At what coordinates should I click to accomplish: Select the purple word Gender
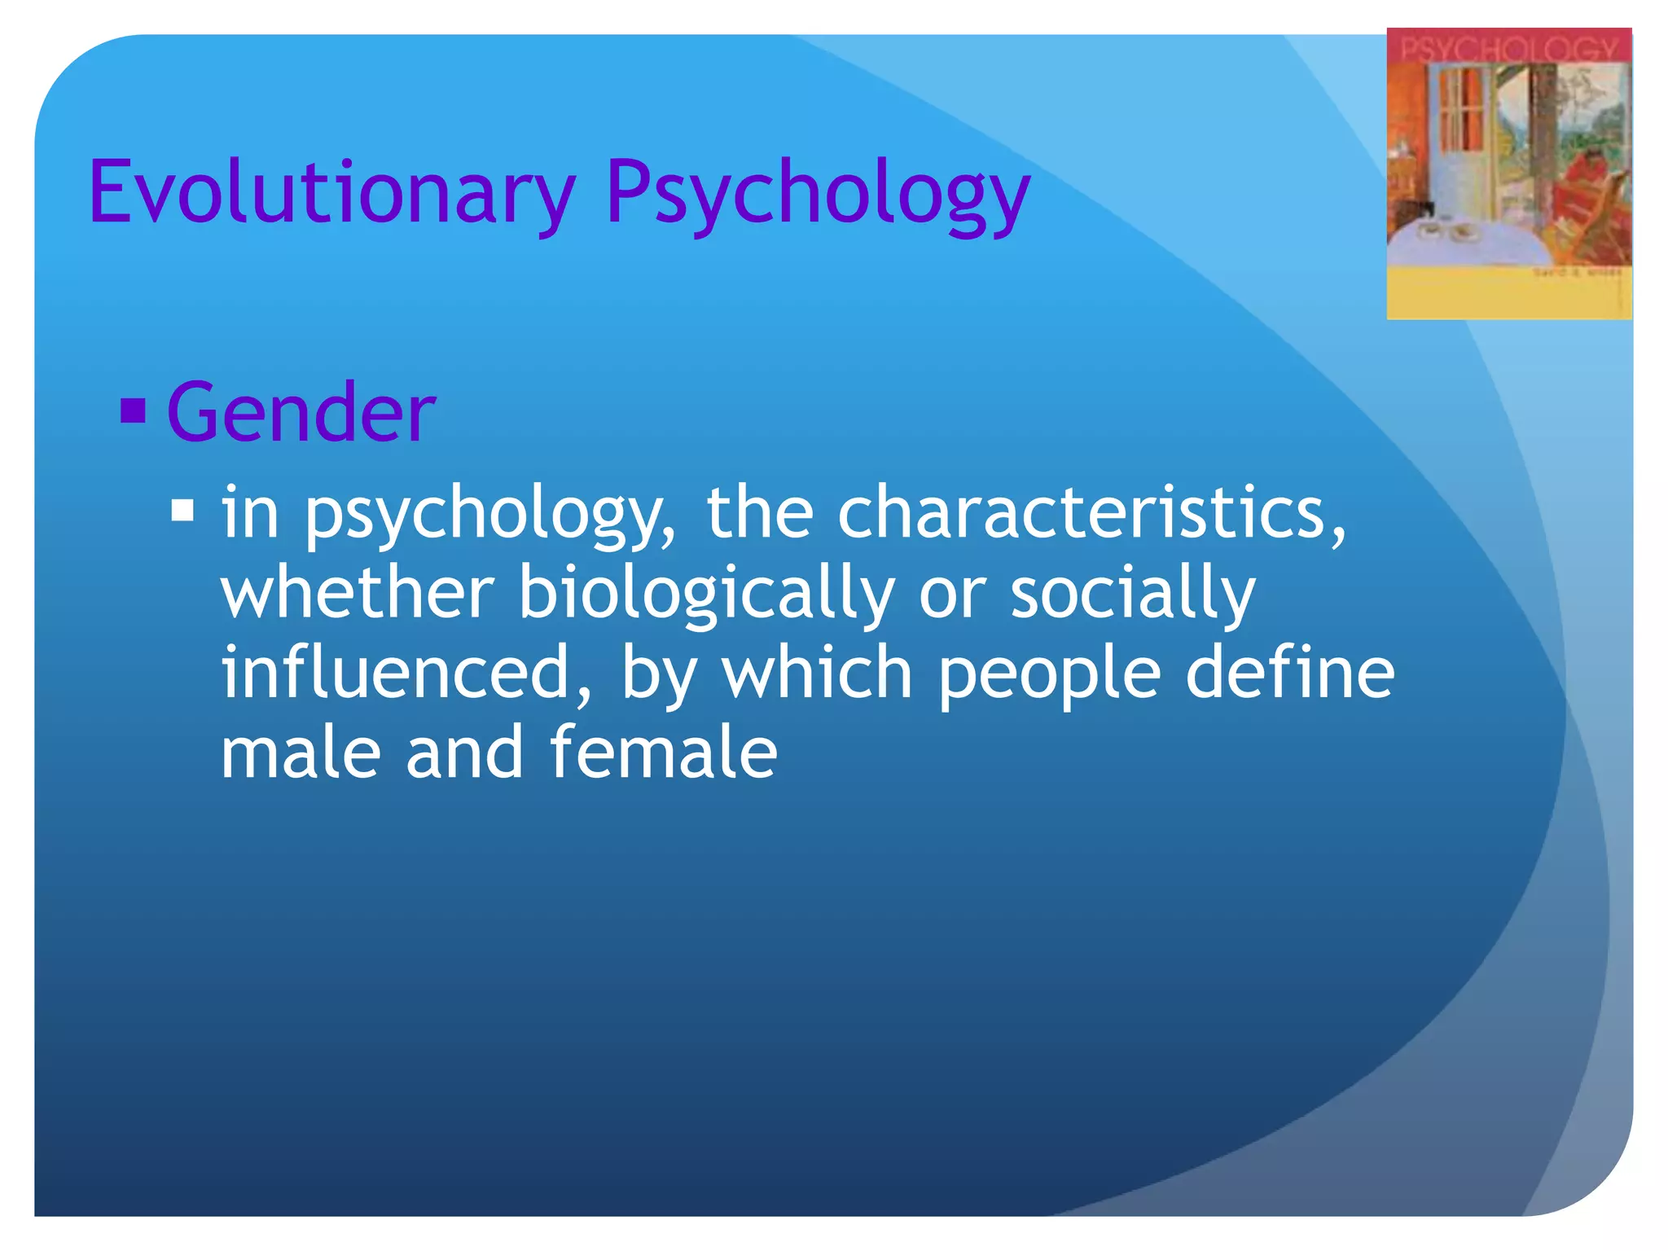pos(301,413)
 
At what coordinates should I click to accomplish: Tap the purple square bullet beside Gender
pos(133,410)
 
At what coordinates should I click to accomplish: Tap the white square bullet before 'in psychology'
pos(182,511)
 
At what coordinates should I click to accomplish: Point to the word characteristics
pos(1091,512)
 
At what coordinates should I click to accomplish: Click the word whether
pos(358,592)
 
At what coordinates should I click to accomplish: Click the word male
pos(301,753)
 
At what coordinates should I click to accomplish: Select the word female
pos(663,753)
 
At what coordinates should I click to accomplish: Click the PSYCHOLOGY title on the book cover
pos(1508,49)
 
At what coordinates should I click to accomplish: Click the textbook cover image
pos(1509,173)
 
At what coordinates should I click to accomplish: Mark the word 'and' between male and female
pos(465,753)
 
